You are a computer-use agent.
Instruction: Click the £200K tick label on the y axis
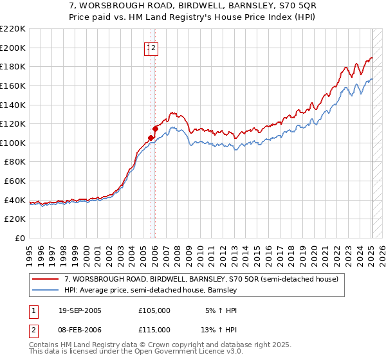click(13, 48)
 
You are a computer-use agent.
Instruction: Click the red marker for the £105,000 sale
click(151, 138)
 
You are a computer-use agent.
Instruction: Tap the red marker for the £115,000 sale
click(155, 128)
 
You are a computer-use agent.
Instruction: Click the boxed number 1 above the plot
click(149, 47)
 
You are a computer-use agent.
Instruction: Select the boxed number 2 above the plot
click(155, 47)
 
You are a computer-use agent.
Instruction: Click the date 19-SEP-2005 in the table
click(79, 310)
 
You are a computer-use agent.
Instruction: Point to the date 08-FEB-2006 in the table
click(79, 330)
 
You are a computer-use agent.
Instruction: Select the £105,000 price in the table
click(154, 310)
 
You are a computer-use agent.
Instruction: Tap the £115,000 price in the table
click(154, 330)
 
